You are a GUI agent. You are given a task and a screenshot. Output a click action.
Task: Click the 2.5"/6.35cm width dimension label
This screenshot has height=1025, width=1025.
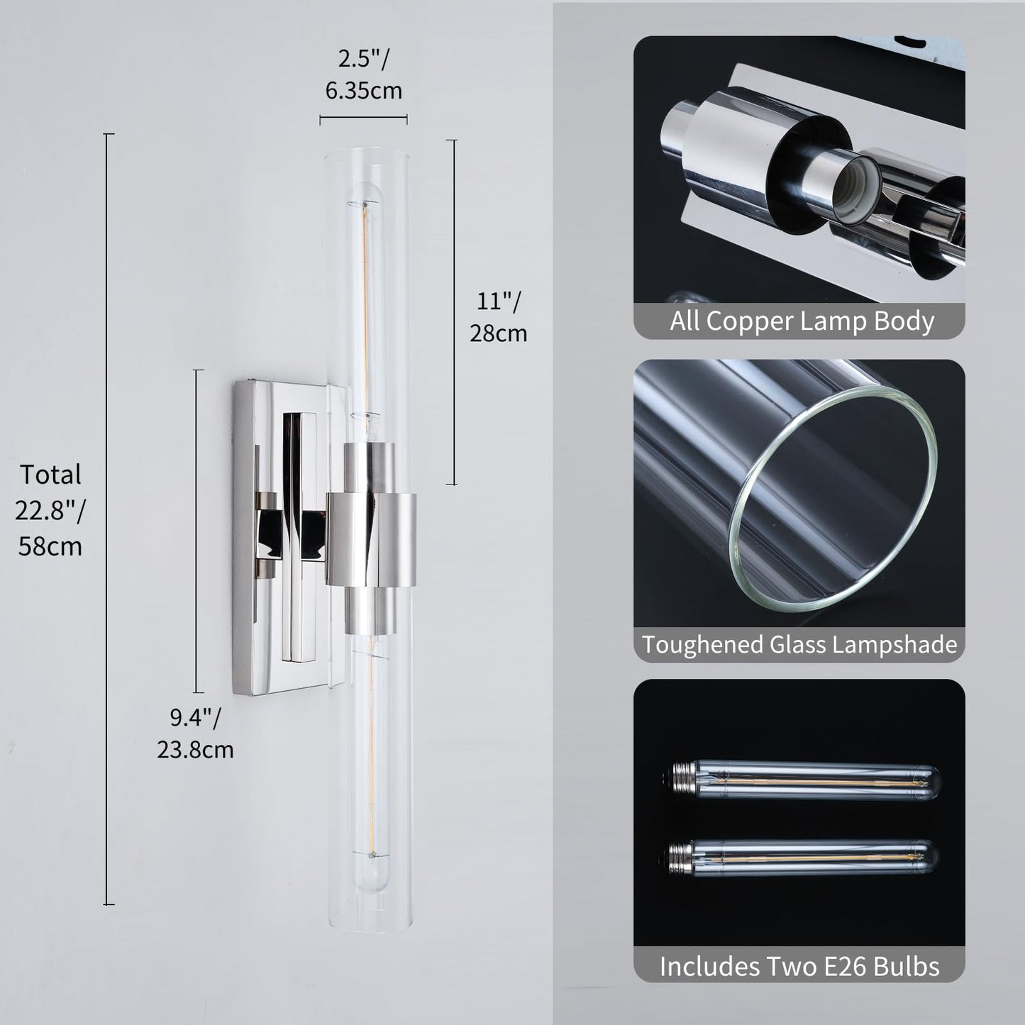pyautogui.click(x=363, y=74)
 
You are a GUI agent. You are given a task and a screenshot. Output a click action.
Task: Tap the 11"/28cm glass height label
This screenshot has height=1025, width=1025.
pyautogui.click(x=499, y=318)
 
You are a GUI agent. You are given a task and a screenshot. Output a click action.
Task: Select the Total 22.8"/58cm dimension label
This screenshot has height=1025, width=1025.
pyautogui.click(x=50, y=510)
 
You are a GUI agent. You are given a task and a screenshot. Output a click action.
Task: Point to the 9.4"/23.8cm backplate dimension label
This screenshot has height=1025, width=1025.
pyautogui.click(x=195, y=733)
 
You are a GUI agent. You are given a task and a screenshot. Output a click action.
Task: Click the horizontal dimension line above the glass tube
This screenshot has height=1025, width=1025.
pyautogui.click(x=363, y=118)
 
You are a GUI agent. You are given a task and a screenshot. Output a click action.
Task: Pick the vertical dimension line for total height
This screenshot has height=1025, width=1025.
pyautogui.click(x=109, y=519)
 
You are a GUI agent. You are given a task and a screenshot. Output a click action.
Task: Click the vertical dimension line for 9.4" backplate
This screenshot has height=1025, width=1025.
pyautogui.click(x=198, y=531)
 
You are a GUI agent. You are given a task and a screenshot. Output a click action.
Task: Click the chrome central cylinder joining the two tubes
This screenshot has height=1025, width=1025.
pyautogui.click(x=371, y=539)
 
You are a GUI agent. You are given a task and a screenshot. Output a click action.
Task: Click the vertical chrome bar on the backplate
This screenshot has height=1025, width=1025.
pyautogui.click(x=292, y=537)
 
